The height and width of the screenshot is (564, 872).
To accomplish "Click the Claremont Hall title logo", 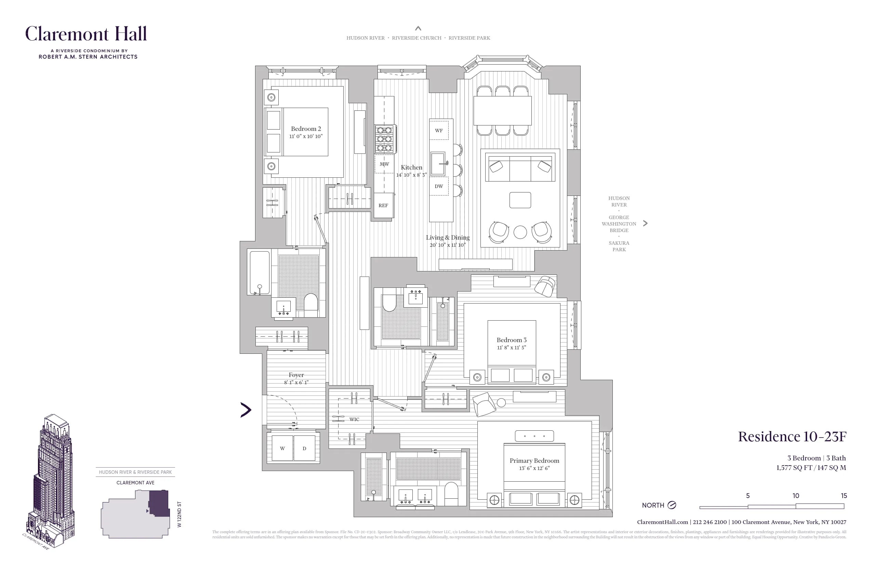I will pyautogui.click(x=86, y=34).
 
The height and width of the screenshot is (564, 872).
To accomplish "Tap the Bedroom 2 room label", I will pyautogui.click(x=306, y=129).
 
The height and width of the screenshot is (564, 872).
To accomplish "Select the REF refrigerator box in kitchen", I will pyautogui.click(x=383, y=205).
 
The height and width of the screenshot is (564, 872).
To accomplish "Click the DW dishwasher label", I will pyautogui.click(x=438, y=186).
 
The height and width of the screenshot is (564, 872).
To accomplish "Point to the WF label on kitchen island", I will pyautogui.click(x=438, y=130).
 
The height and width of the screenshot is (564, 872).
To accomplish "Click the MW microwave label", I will pyautogui.click(x=384, y=164).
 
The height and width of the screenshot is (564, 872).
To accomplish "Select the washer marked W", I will pyautogui.click(x=282, y=448).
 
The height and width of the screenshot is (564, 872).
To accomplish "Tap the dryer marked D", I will pyautogui.click(x=304, y=448).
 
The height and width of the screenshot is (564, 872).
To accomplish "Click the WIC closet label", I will pyautogui.click(x=354, y=419).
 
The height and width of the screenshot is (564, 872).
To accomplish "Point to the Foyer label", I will pyautogui.click(x=296, y=375).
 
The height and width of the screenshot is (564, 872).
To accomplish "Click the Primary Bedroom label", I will pyautogui.click(x=534, y=460).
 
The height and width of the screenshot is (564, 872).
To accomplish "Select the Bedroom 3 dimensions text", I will pyautogui.click(x=512, y=348).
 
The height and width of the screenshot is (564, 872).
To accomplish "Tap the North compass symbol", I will pyautogui.click(x=672, y=505).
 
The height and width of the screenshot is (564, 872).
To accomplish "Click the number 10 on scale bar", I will pyautogui.click(x=796, y=496).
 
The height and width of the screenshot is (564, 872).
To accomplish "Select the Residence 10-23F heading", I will pyautogui.click(x=792, y=437).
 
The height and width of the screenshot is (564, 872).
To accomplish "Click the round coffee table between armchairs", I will pyautogui.click(x=520, y=232).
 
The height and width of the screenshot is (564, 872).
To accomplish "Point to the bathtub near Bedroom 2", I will pyautogui.click(x=260, y=272).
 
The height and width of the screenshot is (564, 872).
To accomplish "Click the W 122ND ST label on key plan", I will pyautogui.click(x=179, y=514).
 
